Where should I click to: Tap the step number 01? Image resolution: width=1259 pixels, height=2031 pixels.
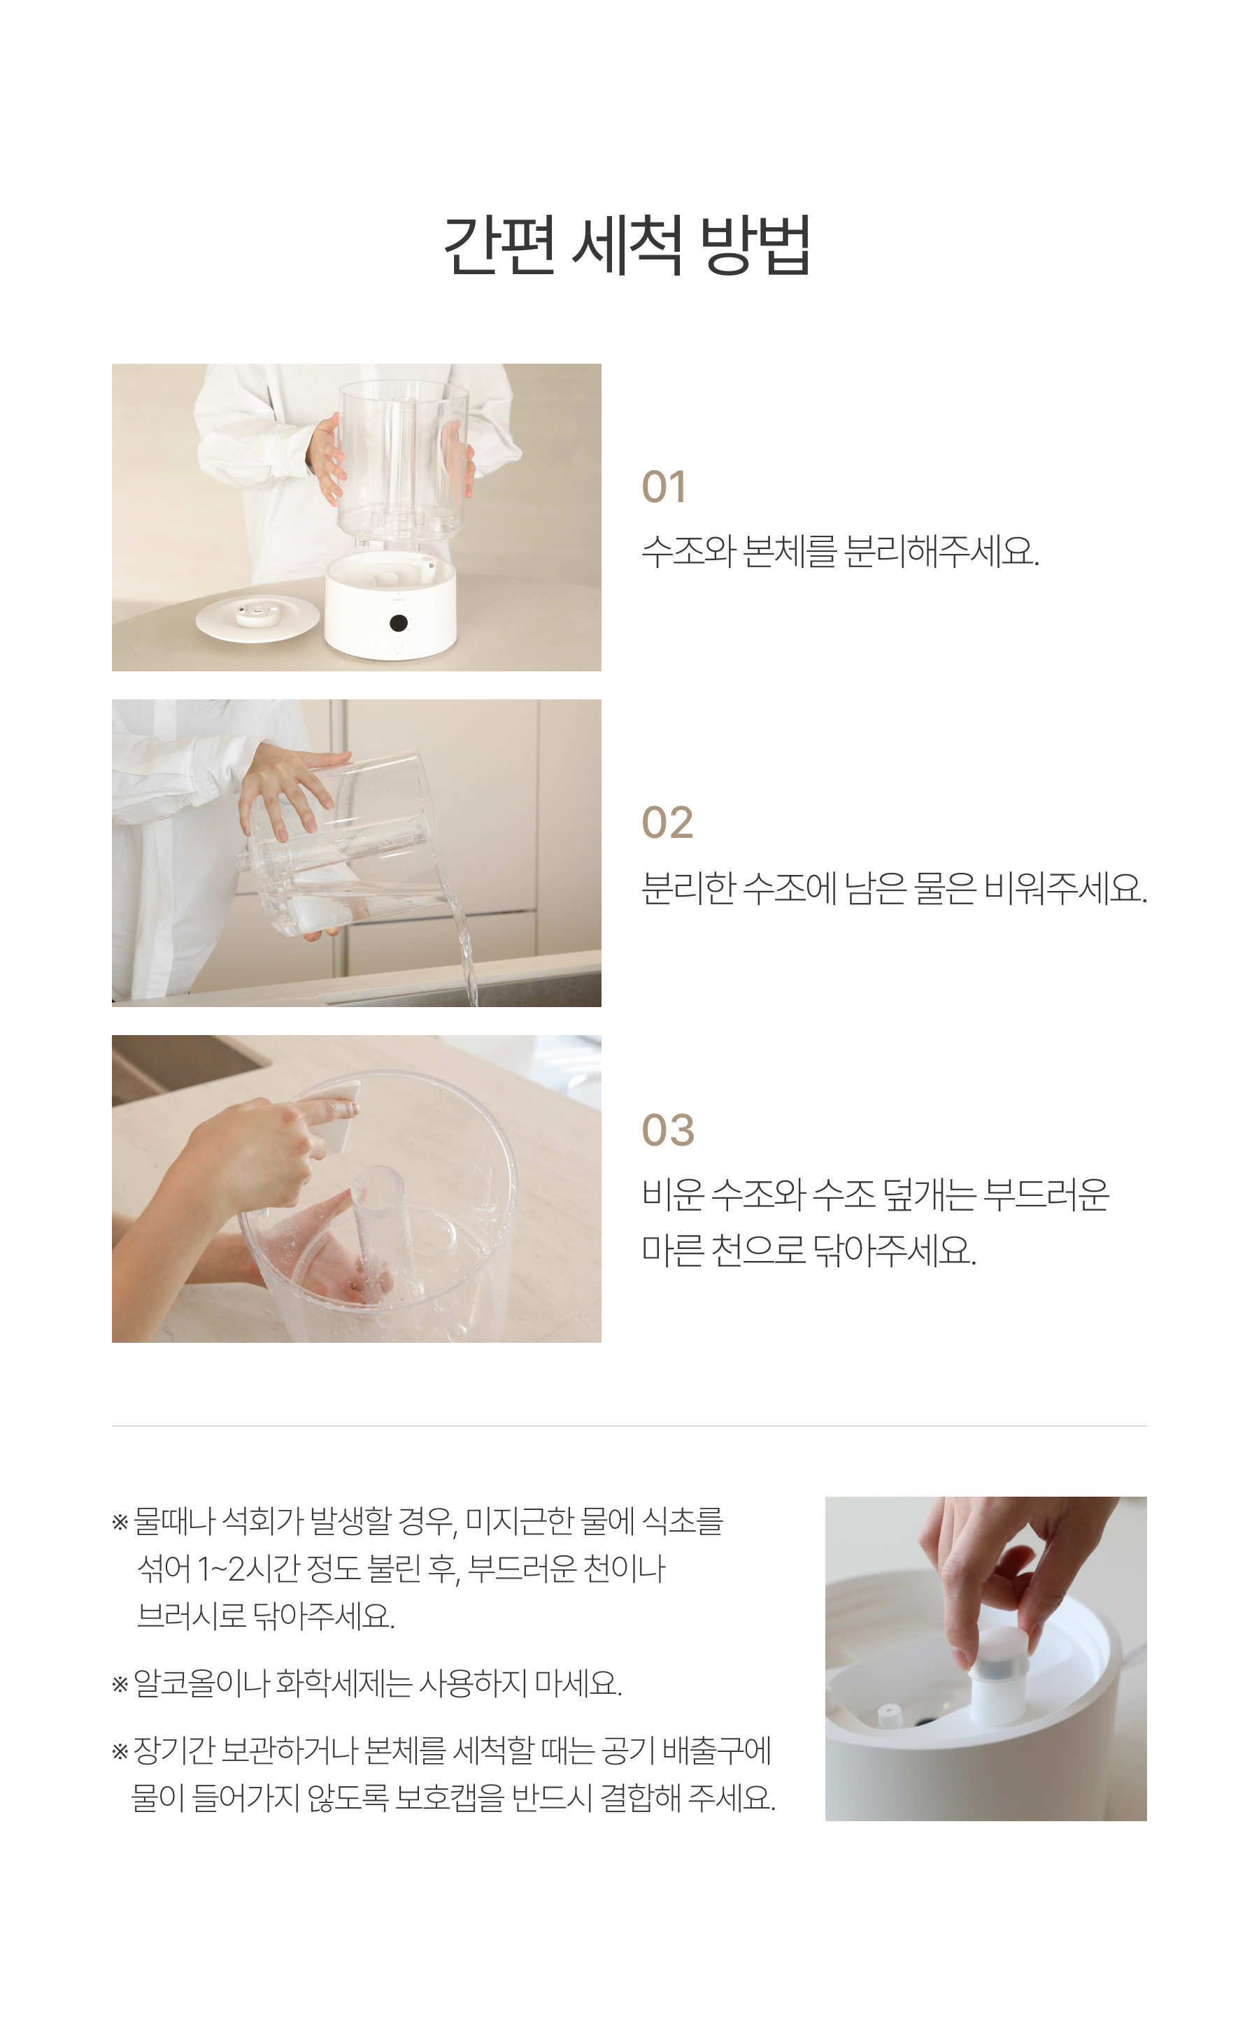tap(664, 487)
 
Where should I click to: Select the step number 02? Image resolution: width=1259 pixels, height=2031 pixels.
tap(667, 822)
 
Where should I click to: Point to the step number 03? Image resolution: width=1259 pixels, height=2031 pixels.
tap(668, 1129)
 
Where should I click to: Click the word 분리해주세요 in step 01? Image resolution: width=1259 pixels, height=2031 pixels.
tap(941, 551)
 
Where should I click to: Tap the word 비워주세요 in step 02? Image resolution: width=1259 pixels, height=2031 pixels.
tap(1066, 888)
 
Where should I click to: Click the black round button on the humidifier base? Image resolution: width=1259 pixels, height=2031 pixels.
tap(398, 622)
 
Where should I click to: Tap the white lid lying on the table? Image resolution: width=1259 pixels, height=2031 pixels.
tap(257, 617)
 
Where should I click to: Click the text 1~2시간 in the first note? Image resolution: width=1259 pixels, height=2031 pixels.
tap(248, 1569)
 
